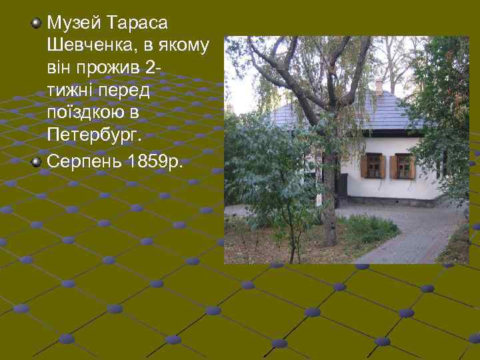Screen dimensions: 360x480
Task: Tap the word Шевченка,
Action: (x=86, y=47)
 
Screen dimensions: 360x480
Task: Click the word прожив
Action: (x=111, y=69)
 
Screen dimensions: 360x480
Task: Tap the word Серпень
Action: (x=83, y=162)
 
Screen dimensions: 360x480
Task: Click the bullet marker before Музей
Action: (x=37, y=24)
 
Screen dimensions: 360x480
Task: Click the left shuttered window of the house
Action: (x=374, y=166)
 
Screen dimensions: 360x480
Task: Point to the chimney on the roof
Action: (x=379, y=86)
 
